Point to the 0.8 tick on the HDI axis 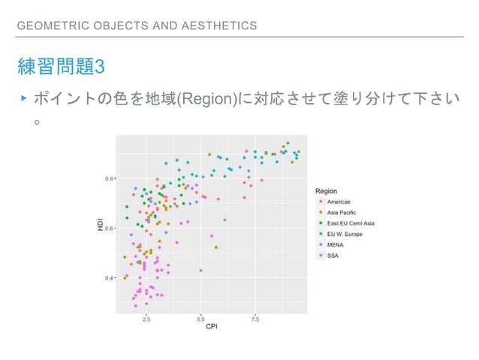click(x=110, y=179)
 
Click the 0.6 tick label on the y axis click(x=110, y=228)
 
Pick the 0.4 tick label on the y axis click(x=110, y=278)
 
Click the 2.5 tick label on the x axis click(x=146, y=319)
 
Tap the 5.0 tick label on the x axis click(x=200, y=319)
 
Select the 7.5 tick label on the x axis click(x=255, y=319)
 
